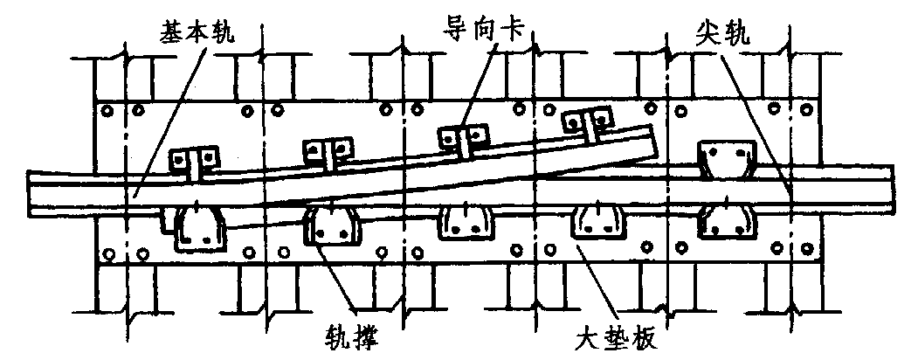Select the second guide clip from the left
[x=327, y=150]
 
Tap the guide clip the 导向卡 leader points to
[x=462, y=137]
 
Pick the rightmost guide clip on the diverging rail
[x=585, y=121]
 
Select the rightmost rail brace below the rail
[x=725, y=224]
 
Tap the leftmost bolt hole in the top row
[x=108, y=111]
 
